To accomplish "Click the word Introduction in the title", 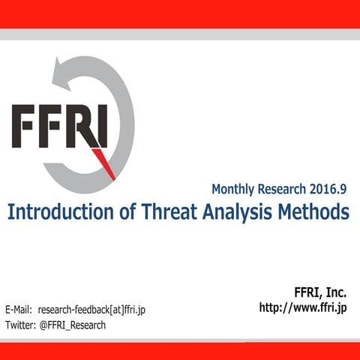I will coord(57,212).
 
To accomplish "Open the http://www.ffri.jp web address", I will coord(303,307).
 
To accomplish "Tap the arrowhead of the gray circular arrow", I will coord(60,72).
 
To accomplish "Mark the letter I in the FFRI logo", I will coord(103,126).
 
